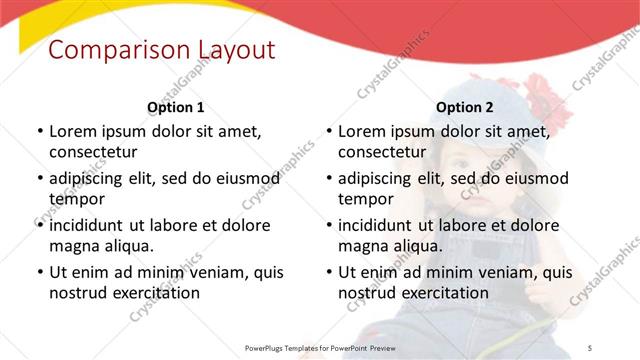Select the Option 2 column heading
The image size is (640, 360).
[x=465, y=107]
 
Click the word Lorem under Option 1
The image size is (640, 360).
[x=73, y=131]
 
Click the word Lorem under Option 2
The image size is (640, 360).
[x=363, y=131]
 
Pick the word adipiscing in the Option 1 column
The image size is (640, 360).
[x=91, y=178]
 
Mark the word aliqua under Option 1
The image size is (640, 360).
[x=126, y=246]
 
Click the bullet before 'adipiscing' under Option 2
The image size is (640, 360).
[x=328, y=179]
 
